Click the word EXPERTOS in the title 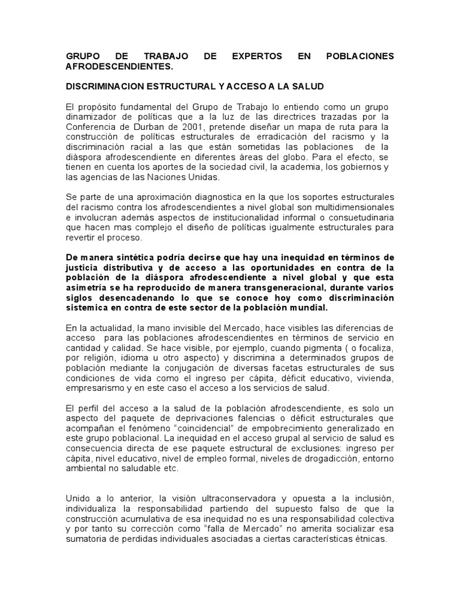(257, 56)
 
